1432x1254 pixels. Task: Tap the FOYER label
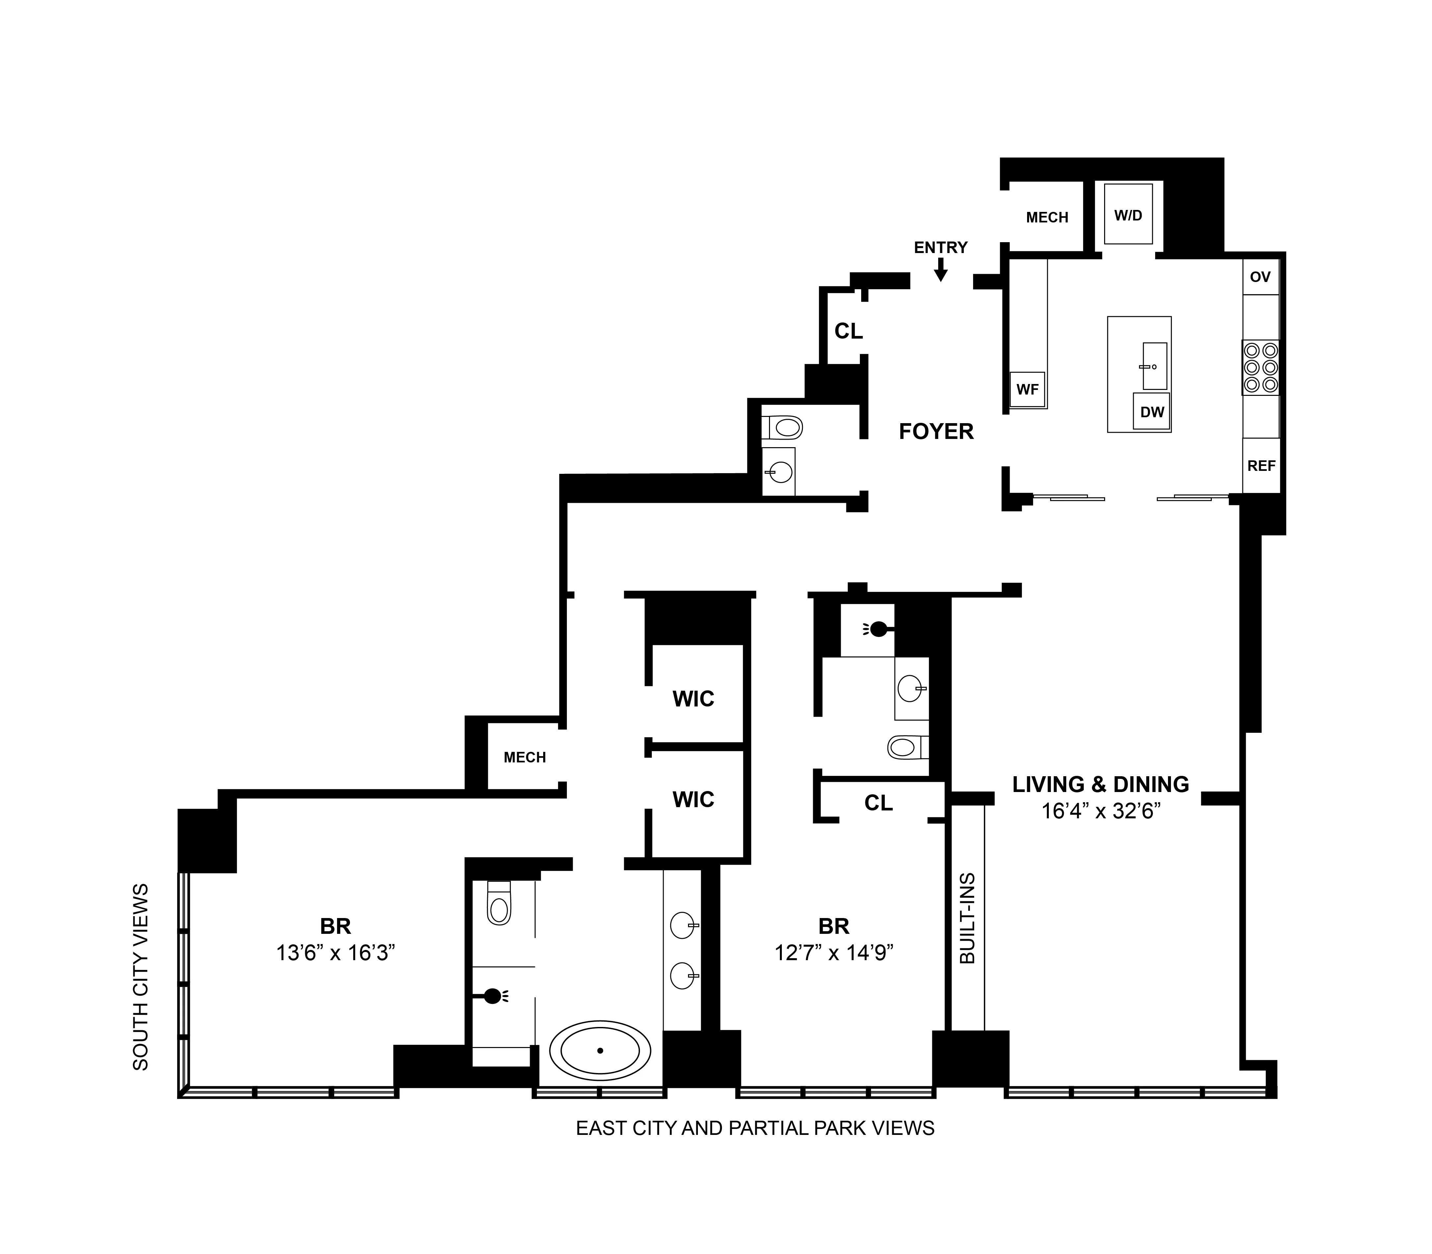point(936,432)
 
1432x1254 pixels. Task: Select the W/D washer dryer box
point(1128,214)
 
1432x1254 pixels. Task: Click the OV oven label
point(1260,277)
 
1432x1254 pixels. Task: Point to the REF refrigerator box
point(1261,465)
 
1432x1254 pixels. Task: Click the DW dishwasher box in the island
point(1151,412)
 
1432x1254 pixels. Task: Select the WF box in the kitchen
point(1027,390)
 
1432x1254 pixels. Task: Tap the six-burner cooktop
point(1260,368)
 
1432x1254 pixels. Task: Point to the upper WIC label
point(693,699)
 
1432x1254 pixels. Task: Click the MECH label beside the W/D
point(1047,218)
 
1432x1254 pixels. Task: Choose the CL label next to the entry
point(848,331)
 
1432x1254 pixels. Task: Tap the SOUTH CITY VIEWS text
point(141,976)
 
